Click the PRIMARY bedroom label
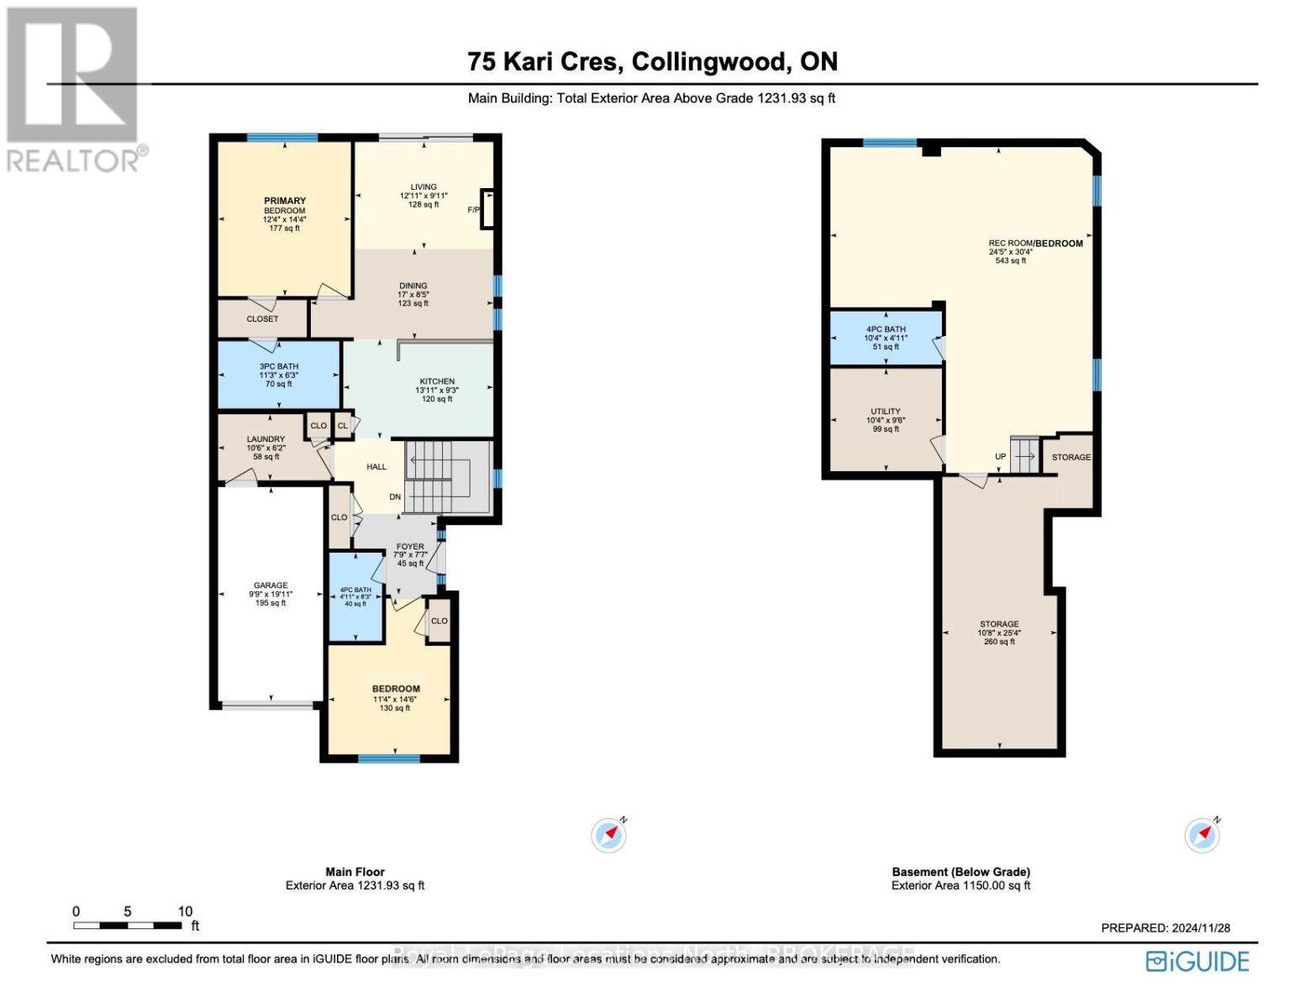pos(285,201)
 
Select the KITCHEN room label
pos(437,381)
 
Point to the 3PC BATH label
pos(278,366)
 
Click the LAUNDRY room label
pos(266,438)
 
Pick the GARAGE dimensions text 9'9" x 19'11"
pos(271,594)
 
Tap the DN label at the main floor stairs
pos(395,497)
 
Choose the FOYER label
pos(410,546)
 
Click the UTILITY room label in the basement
pos(886,412)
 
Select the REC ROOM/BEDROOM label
pos(1035,243)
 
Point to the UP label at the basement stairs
pos(1000,457)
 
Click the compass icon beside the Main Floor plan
pos(609,835)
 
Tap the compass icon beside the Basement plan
pos(1202,835)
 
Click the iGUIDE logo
pos(1197,961)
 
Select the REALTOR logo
pos(74,88)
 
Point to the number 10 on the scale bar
pos(185,911)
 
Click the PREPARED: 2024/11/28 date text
pos(1166,928)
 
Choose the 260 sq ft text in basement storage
pos(999,642)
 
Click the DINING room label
pos(413,286)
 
